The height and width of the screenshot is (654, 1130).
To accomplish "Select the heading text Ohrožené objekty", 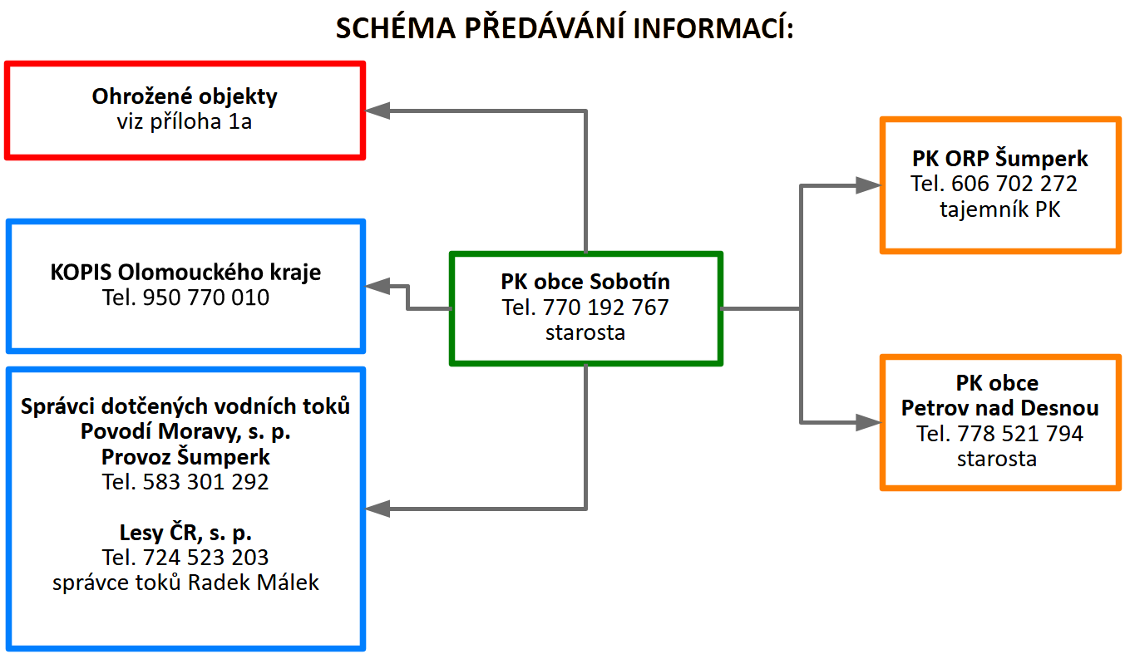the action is pyautogui.click(x=185, y=97).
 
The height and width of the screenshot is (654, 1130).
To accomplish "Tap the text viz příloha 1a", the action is pyautogui.click(x=184, y=122).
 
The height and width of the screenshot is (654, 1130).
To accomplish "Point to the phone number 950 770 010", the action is pyautogui.click(x=206, y=297).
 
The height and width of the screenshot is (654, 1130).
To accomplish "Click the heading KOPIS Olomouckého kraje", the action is pyautogui.click(x=185, y=273).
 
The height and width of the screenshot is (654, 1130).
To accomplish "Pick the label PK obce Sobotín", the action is pyautogui.click(x=585, y=282).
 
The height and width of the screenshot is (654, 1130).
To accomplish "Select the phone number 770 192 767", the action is pyautogui.click(x=605, y=307).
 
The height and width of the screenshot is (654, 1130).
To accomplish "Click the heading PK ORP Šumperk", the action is pyautogui.click(x=999, y=159).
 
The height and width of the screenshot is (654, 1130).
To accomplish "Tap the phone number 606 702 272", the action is pyautogui.click(x=1014, y=184).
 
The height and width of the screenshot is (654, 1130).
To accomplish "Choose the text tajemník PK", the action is pyautogui.click(x=999, y=209).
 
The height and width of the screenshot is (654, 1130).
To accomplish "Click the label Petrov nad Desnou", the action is pyautogui.click(x=999, y=408).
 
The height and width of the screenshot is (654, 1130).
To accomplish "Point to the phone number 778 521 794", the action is pyautogui.click(x=1020, y=434).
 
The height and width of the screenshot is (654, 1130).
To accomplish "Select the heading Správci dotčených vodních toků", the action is pyautogui.click(x=185, y=406).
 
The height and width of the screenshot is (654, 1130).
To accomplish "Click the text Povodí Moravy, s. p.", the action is pyautogui.click(x=185, y=432).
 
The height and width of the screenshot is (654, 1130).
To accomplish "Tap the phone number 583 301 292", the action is pyautogui.click(x=206, y=482).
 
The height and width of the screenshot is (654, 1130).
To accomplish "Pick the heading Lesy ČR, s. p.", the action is pyautogui.click(x=185, y=533).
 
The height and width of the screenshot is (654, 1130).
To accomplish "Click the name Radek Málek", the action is pyautogui.click(x=254, y=583).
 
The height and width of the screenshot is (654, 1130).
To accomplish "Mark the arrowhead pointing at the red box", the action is pyautogui.click(x=377, y=111).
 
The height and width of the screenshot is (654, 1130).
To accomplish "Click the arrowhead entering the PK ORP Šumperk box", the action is pyautogui.click(x=868, y=185).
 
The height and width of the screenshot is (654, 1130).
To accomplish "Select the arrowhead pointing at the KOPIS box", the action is pyautogui.click(x=377, y=286).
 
